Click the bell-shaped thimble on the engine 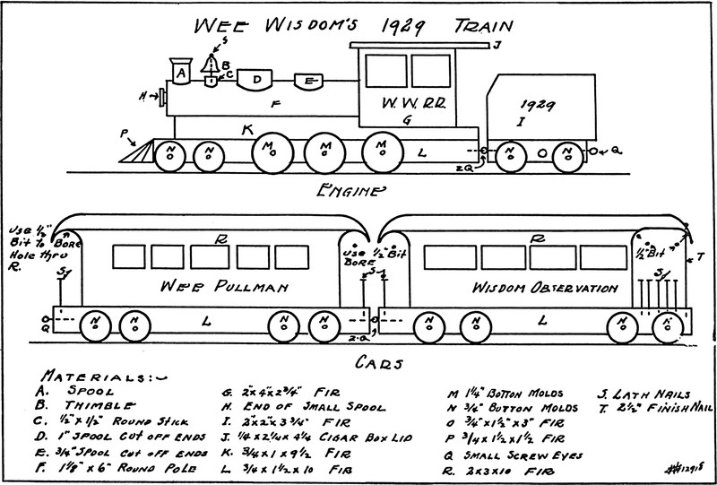pos(212,65)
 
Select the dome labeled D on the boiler pos(257,81)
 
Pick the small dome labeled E pos(308,82)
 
